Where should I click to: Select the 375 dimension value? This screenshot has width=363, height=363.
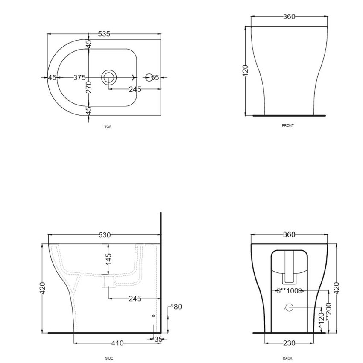point(79,77)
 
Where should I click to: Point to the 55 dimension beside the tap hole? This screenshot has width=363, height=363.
point(155,77)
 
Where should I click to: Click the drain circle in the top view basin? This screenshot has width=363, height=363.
point(108,77)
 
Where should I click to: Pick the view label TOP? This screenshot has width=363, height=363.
point(108,127)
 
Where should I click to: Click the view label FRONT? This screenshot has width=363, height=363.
point(288,126)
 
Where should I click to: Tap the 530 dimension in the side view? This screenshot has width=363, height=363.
point(105,235)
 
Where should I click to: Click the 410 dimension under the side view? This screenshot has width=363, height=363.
point(118,343)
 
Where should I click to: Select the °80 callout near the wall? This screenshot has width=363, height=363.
point(176,307)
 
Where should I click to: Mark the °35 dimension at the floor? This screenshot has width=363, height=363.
point(158,339)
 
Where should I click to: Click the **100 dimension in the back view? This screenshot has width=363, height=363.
point(290,291)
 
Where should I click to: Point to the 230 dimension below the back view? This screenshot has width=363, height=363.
point(289,343)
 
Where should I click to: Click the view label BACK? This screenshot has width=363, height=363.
point(287,358)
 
